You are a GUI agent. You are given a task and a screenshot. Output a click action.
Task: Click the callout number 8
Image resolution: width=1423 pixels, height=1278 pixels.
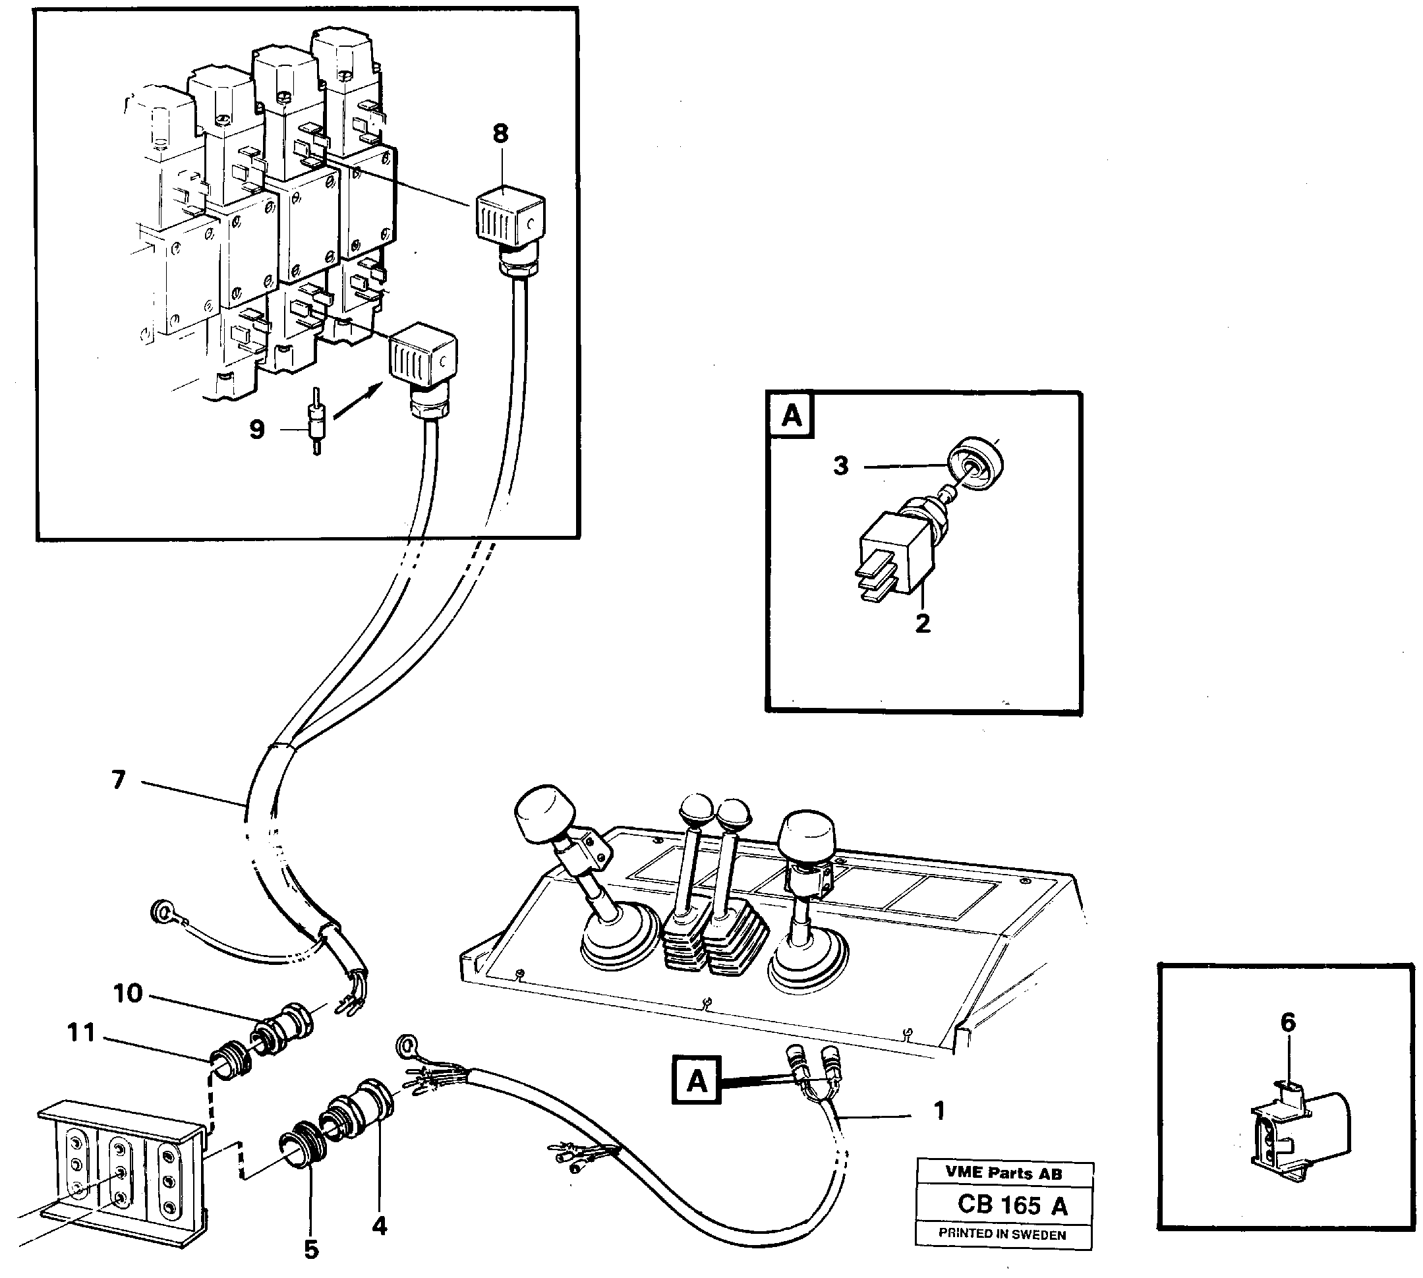tap(500, 133)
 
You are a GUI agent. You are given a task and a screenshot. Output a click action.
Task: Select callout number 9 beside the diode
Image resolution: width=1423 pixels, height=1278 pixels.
tap(257, 429)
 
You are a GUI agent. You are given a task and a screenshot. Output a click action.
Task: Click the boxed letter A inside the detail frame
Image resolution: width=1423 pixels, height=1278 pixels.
tap(791, 416)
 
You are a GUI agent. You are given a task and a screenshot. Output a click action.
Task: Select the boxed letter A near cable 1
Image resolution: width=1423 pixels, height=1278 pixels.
tap(697, 1081)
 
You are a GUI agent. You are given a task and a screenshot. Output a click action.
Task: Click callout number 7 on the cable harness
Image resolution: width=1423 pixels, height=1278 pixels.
tap(119, 780)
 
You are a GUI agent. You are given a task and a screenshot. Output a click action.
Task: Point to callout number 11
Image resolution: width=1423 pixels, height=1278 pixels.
tap(82, 1032)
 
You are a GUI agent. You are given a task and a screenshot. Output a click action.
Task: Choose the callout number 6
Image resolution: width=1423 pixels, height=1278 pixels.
tap(1287, 1022)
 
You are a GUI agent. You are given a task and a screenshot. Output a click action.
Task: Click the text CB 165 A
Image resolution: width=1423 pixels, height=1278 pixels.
tap(1012, 1205)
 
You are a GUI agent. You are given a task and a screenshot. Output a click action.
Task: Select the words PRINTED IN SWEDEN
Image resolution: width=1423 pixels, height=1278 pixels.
tap(1002, 1234)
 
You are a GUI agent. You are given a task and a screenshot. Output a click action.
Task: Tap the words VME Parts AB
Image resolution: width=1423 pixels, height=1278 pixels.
tap(1003, 1173)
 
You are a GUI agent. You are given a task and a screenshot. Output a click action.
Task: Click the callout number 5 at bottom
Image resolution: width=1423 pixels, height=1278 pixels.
tap(311, 1249)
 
